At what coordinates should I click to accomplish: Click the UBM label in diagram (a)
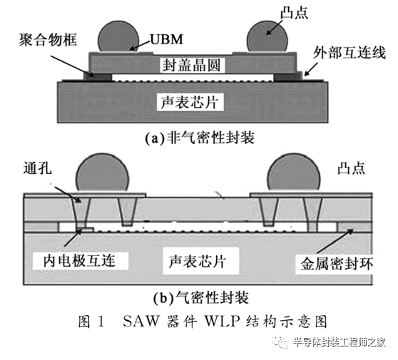166,40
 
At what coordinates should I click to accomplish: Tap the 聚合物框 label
48,40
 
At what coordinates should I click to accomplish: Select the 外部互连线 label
349,53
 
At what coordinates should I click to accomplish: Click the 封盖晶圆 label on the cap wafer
191,65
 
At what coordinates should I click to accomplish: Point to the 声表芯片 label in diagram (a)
190,102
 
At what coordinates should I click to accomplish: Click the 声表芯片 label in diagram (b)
198,262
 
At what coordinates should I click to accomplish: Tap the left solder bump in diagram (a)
118,37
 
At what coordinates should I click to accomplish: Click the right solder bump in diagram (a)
267,37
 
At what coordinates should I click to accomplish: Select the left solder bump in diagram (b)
103,173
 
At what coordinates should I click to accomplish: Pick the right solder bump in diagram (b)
293,173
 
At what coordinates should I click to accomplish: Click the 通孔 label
38,168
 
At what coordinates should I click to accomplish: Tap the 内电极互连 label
79,260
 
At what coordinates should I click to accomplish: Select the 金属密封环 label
337,264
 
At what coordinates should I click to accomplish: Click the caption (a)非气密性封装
200,138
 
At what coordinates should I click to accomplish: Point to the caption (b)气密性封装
201,297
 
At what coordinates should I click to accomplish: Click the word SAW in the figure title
141,322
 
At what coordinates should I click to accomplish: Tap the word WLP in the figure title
223,322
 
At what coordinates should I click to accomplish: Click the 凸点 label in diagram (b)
352,168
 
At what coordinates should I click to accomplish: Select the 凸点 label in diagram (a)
295,13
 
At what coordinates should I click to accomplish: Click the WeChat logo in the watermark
280,342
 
